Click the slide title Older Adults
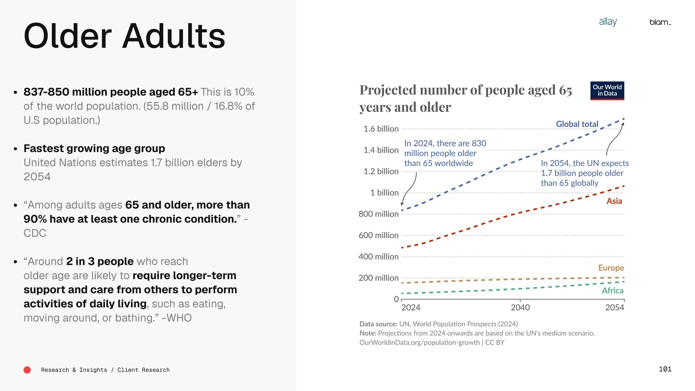pos(124,36)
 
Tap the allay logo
pos(608,22)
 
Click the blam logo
pos(660,22)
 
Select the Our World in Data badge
pos(607,91)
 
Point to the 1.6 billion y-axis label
pos(381,129)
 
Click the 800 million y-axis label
pos(378,214)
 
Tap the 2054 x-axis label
pos(615,307)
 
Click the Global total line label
pos(577,124)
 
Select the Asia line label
pos(614,201)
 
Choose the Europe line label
pos(611,268)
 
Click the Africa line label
pos(612,291)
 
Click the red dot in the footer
pos(27,370)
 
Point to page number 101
pos(665,369)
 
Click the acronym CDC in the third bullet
pos(35,233)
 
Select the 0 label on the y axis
pos(396,299)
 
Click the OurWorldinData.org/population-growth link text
pos(419,342)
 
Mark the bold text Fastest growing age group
pos(94,148)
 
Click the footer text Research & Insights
pos(74,370)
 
